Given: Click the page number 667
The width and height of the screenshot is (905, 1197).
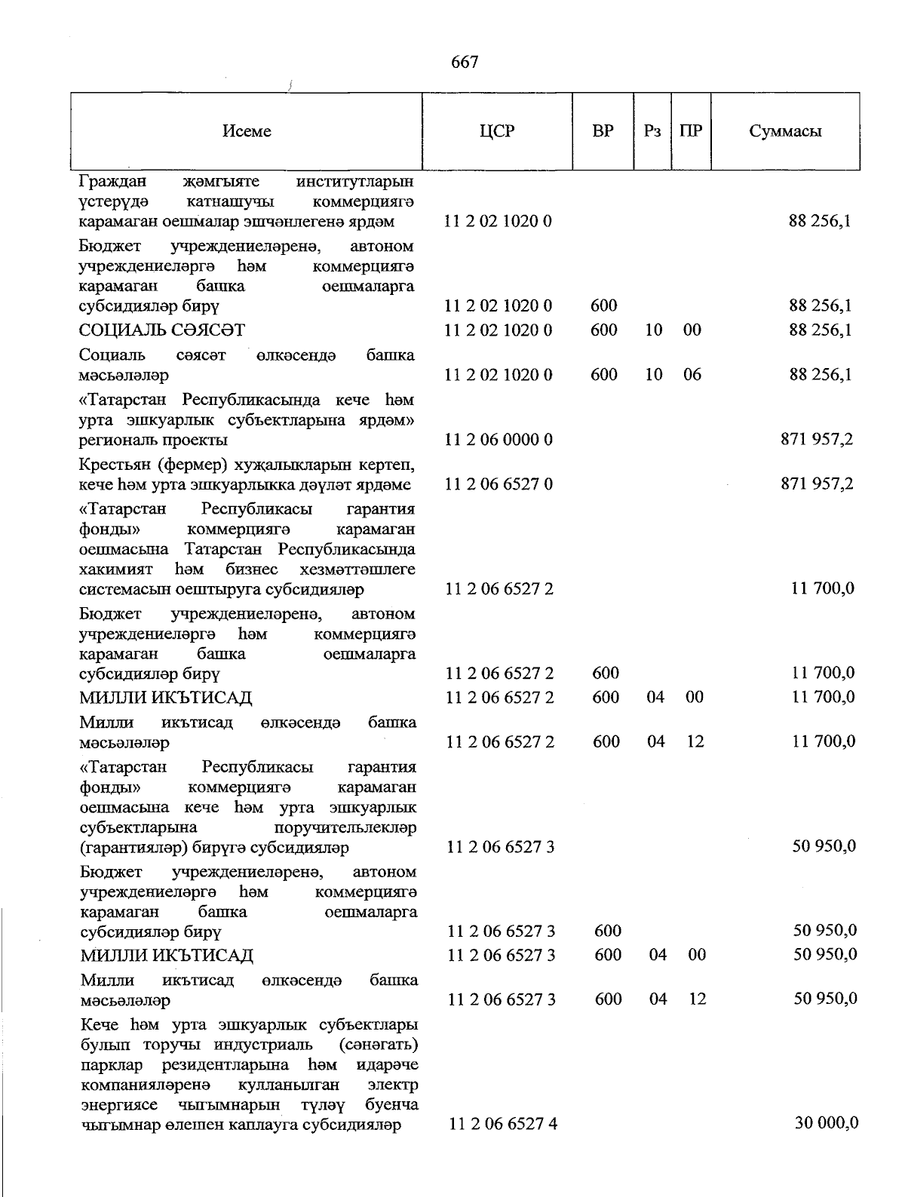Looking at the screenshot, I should (x=465, y=62).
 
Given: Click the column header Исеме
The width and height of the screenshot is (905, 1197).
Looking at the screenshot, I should (x=247, y=131).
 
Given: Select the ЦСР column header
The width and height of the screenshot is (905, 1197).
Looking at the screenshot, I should (x=497, y=131).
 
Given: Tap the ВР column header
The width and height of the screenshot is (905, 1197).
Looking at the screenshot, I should (x=603, y=131).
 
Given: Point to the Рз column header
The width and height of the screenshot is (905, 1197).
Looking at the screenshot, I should (x=652, y=131).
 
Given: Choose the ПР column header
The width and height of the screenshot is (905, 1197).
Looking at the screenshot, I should (x=690, y=131).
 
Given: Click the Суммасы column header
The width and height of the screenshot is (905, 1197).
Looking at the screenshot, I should (x=785, y=131).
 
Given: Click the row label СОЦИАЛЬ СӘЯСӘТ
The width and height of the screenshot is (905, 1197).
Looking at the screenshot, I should (x=162, y=330).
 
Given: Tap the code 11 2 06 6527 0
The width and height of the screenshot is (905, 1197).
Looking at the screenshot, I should (x=499, y=483).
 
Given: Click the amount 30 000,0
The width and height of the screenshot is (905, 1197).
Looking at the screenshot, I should (x=827, y=1123).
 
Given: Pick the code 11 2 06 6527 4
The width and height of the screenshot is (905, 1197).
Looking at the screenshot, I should (x=503, y=1124).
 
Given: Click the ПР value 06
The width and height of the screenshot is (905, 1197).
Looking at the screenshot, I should (x=692, y=374).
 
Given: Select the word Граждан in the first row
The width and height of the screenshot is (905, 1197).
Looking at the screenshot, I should (x=112, y=181).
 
